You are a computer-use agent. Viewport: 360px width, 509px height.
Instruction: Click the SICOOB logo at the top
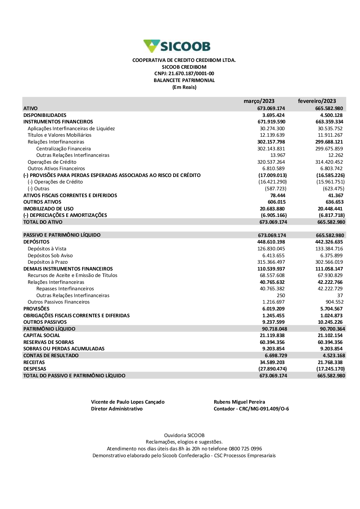click(177, 46)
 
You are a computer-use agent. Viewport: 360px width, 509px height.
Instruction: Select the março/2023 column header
click(259, 101)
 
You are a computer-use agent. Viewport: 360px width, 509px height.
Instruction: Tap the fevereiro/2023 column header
click(317, 101)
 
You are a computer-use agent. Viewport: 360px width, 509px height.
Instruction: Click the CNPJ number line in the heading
click(184, 74)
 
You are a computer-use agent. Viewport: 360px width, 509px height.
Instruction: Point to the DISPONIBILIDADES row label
click(45, 115)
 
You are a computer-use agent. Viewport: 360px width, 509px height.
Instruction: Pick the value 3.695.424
click(273, 115)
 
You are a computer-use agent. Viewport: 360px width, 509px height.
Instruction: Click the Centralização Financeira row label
click(63, 149)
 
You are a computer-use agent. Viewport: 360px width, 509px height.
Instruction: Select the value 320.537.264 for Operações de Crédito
click(271, 162)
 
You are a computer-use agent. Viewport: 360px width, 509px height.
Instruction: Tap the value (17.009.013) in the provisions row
click(273, 175)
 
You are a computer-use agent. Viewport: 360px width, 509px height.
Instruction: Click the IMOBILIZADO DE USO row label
click(48, 209)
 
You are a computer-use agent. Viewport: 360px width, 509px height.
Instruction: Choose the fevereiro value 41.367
click(336, 195)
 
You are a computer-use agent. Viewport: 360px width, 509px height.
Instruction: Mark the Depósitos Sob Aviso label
click(50, 255)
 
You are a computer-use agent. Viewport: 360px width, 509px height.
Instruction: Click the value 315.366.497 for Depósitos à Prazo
click(271, 262)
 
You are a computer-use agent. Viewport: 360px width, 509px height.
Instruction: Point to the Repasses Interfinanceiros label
click(65, 288)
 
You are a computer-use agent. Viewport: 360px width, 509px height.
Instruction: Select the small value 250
click(281, 295)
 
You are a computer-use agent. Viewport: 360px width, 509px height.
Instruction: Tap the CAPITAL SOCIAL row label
click(41, 335)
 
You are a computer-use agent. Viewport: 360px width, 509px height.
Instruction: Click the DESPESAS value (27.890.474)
click(273, 369)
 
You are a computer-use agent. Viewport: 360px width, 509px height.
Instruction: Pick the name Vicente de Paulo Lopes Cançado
click(128, 402)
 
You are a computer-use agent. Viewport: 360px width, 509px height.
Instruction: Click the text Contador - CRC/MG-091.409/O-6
click(251, 409)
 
